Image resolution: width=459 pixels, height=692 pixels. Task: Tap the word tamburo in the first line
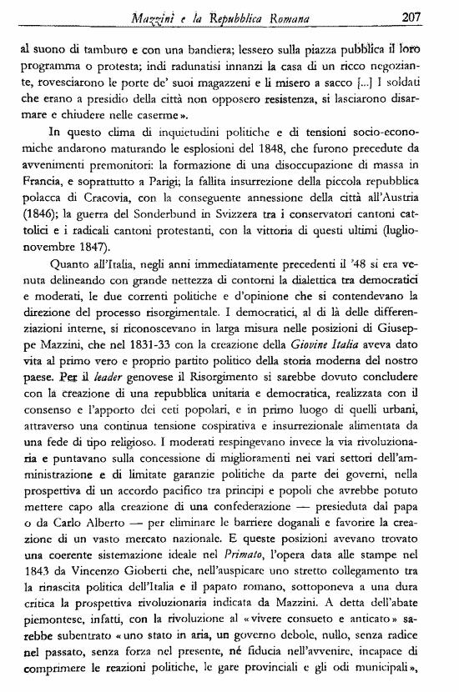click(x=93, y=50)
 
